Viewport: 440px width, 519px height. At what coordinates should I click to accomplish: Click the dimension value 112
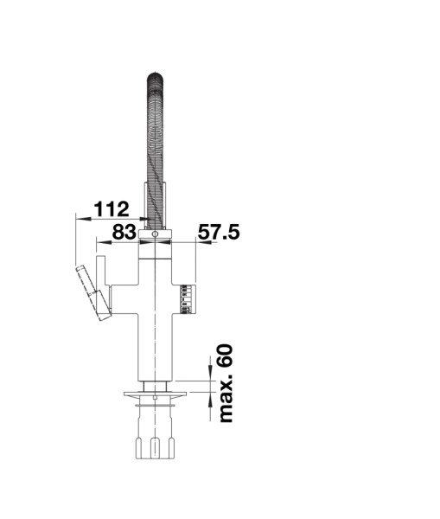112,208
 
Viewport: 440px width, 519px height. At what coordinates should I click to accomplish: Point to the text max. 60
226,383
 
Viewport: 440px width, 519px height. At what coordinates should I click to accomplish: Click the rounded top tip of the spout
155,75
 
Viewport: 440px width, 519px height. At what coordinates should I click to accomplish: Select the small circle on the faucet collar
155,234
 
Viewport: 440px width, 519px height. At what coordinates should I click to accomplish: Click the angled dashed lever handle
93,292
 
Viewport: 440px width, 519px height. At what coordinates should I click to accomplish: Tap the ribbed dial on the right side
188,298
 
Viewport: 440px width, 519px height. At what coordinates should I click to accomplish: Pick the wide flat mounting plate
155,394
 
